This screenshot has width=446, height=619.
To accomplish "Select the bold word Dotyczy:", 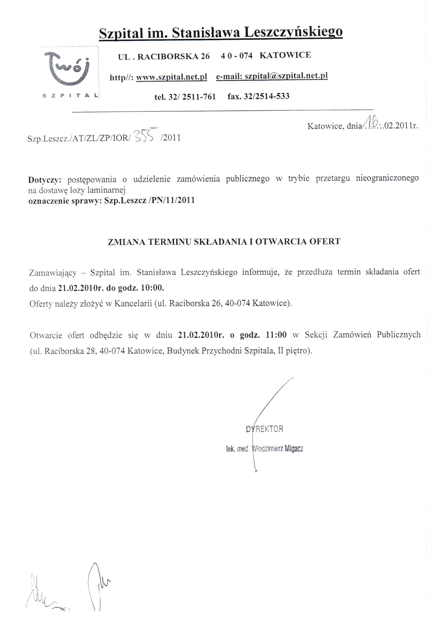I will pyautogui.click(x=45, y=180).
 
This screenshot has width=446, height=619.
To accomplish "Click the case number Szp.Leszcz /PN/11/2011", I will pyautogui.click(x=149, y=200).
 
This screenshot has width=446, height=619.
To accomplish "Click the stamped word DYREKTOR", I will pyautogui.click(x=264, y=429).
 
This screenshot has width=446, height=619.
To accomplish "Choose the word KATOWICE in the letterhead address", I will pyautogui.click(x=285, y=55).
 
